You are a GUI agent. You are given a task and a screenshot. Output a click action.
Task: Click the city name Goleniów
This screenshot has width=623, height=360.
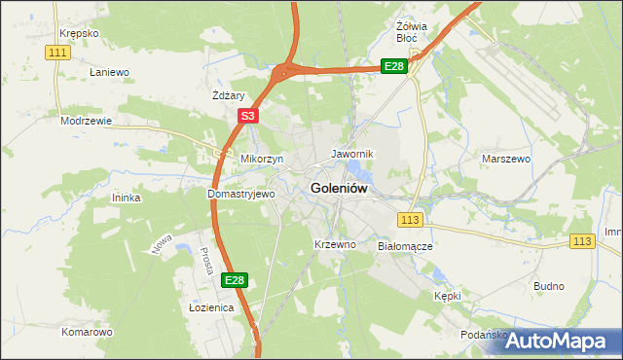339,189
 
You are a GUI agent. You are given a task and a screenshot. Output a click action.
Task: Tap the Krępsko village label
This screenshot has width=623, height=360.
78,33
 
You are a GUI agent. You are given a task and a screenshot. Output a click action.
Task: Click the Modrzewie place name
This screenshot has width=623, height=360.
86,122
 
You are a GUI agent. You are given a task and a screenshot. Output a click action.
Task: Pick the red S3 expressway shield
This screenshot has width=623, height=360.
247,116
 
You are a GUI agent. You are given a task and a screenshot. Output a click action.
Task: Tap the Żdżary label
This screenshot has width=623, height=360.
228,95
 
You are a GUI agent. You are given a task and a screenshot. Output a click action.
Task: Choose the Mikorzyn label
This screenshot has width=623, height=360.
262,158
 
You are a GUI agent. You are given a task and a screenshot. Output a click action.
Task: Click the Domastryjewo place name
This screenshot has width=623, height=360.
241,194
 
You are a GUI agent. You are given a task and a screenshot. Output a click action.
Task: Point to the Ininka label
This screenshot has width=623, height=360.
127,198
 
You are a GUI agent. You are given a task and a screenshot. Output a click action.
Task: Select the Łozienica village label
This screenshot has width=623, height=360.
211,307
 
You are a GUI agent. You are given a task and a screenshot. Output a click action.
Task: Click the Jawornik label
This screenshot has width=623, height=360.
352,154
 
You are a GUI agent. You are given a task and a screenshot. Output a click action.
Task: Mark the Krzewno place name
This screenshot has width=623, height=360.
335,244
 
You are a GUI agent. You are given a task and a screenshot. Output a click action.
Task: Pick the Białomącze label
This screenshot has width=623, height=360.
405,247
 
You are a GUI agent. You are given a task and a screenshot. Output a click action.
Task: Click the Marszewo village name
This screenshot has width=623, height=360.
505,158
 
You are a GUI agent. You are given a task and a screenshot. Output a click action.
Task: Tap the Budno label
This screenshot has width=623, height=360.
549,286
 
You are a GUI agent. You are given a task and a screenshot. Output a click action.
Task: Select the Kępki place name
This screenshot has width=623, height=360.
448,295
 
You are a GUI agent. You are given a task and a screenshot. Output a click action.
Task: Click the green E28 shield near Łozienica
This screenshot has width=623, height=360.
234,280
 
